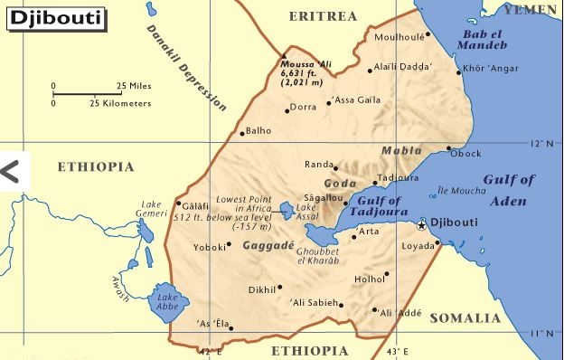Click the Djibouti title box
[53, 16]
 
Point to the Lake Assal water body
[287, 211]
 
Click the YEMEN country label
[532, 9]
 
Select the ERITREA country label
[323, 16]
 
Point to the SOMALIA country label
[464, 318]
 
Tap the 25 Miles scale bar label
[133, 86]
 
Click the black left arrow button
[12, 170]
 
